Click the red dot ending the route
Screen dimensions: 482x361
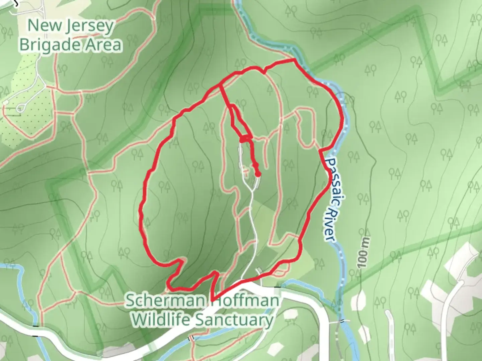[258, 174]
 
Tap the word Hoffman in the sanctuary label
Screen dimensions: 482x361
[246, 301]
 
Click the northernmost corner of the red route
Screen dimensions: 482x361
[294, 59]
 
